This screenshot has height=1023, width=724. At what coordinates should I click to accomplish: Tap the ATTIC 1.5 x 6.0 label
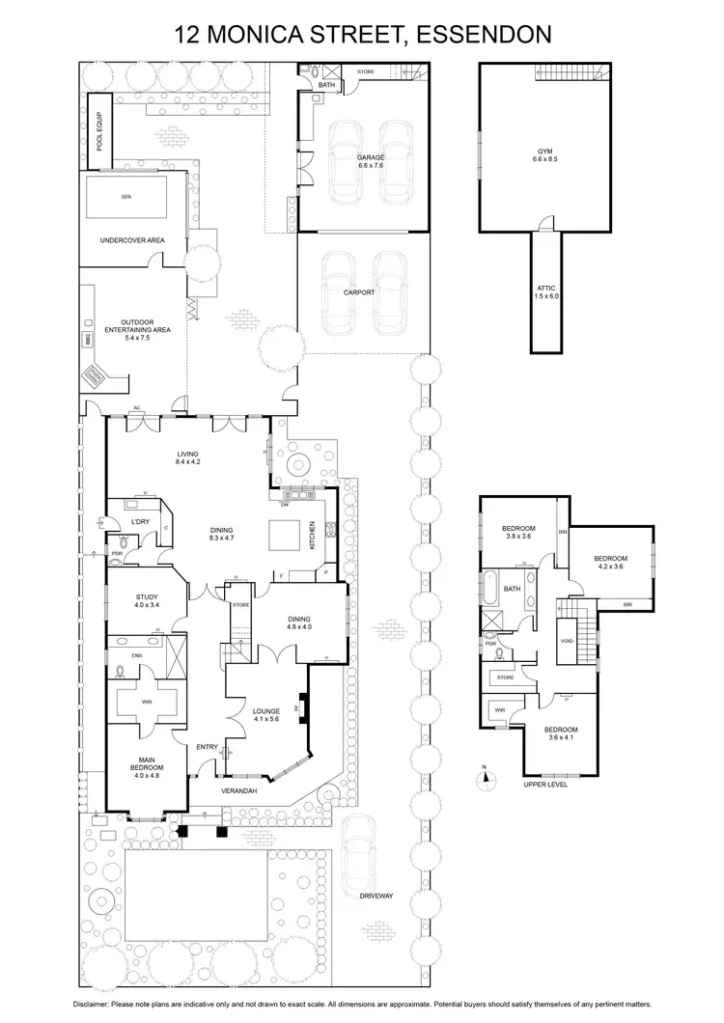point(547,292)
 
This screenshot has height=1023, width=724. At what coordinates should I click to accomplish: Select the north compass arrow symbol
point(487,771)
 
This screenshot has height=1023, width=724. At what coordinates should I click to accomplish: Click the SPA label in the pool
point(125,196)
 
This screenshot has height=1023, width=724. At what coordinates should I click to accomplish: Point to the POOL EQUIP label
point(99,130)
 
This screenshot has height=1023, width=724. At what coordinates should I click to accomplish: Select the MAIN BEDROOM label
point(147,767)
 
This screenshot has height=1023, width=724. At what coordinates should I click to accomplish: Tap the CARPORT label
point(359,292)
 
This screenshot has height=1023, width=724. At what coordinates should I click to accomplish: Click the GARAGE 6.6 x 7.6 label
point(371,161)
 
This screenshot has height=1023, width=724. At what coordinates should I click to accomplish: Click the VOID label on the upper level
point(568,640)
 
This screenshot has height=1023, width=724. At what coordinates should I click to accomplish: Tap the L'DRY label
point(143,522)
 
